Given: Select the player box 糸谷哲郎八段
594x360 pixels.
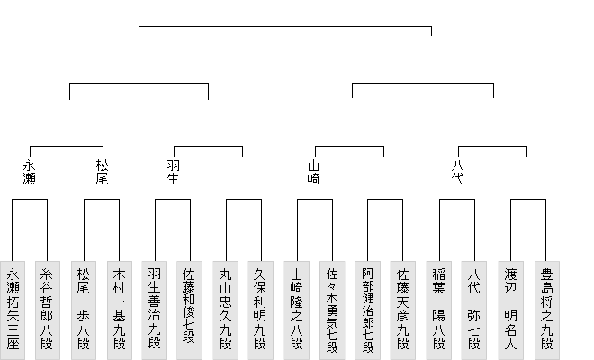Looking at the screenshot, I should [47, 309].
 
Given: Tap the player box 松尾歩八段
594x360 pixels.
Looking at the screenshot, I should [83, 309].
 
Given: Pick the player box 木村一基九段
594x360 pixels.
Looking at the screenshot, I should [118, 309].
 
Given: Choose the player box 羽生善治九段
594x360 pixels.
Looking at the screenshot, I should [154, 309].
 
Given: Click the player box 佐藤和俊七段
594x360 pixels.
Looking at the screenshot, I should [189, 309].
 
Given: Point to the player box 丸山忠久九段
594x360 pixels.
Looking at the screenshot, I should [225, 309].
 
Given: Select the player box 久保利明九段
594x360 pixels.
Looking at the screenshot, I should [260, 309].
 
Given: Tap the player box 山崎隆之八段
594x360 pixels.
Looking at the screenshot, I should [296, 309].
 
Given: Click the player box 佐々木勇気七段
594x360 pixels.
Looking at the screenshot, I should [331, 309].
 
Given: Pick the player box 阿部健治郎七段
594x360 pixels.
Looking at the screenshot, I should [367, 309].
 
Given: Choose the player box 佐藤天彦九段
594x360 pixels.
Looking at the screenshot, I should [402, 309].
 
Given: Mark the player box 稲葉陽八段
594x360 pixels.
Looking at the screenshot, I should [438, 309].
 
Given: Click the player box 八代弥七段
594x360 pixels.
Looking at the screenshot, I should [473, 309].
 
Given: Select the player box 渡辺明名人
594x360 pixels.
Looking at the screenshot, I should [509, 309].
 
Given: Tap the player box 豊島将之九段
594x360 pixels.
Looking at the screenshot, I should [544, 309].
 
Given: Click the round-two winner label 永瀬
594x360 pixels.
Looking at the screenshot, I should [30, 172].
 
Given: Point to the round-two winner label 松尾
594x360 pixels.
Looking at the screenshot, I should [102, 172].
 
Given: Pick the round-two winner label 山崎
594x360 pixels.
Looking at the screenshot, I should [314, 172].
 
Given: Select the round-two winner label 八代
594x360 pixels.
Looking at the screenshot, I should [457, 172].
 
